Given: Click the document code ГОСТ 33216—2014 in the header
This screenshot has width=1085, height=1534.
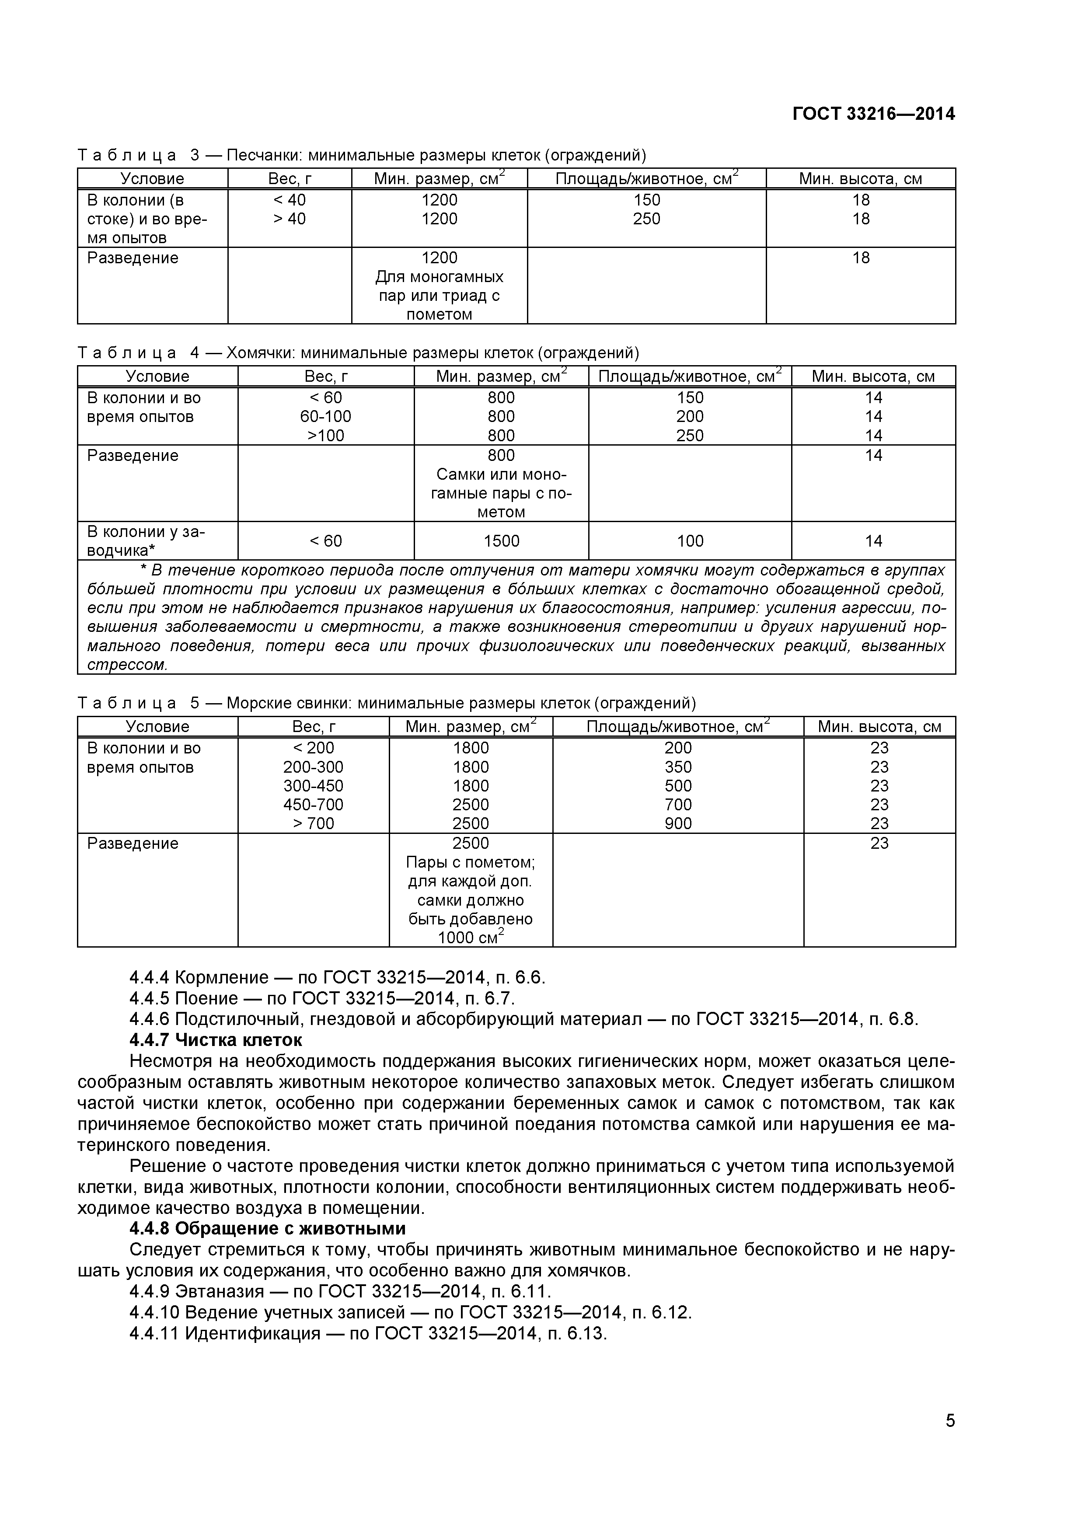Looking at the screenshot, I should [873, 114].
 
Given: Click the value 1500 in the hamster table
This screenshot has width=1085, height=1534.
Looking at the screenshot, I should [501, 541].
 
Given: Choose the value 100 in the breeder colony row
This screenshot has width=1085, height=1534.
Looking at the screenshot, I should [690, 541].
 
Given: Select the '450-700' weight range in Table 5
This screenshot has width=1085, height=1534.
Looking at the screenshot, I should [313, 805].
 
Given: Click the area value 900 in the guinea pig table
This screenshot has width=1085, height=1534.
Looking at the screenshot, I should [678, 824].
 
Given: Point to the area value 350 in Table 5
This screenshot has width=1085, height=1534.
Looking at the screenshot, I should [678, 767].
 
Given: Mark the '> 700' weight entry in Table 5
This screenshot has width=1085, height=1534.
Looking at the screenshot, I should [313, 824].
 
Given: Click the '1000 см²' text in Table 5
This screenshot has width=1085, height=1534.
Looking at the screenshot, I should [471, 938].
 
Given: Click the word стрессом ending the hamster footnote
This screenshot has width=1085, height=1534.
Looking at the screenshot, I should [127, 666].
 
